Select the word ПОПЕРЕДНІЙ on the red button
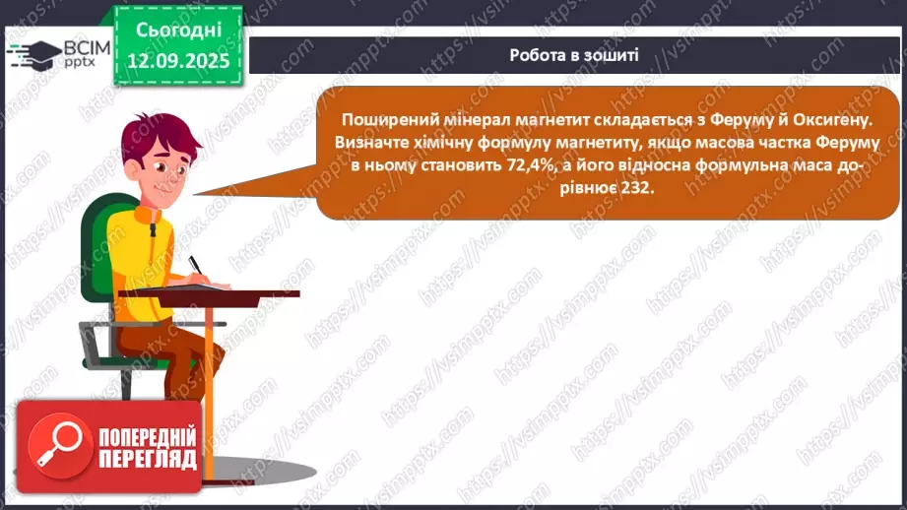[x=145, y=436]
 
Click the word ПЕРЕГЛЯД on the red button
[x=145, y=459]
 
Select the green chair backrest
[x=97, y=246]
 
